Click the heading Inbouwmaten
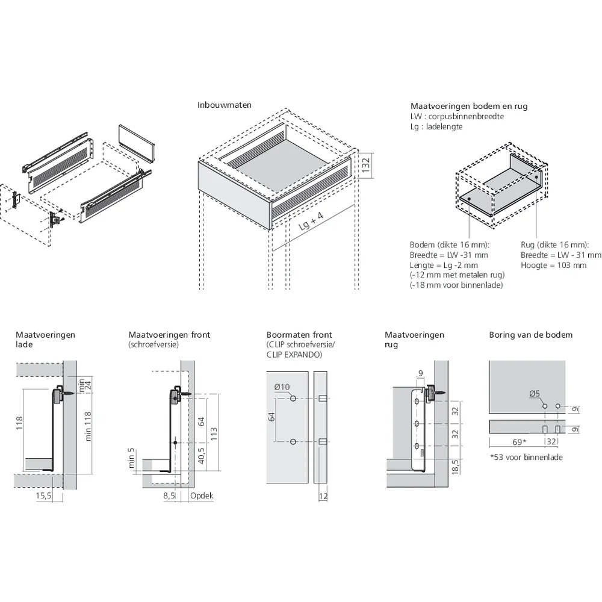[x=225, y=105]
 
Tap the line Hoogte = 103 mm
[x=553, y=265]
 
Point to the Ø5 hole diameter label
[x=535, y=394]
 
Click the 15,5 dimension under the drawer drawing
[x=43, y=496]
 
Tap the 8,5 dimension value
[x=169, y=496]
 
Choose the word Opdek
[x=202, y=496]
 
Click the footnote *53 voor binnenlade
[x=526, y=458]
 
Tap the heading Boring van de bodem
[x=530, y=335]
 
